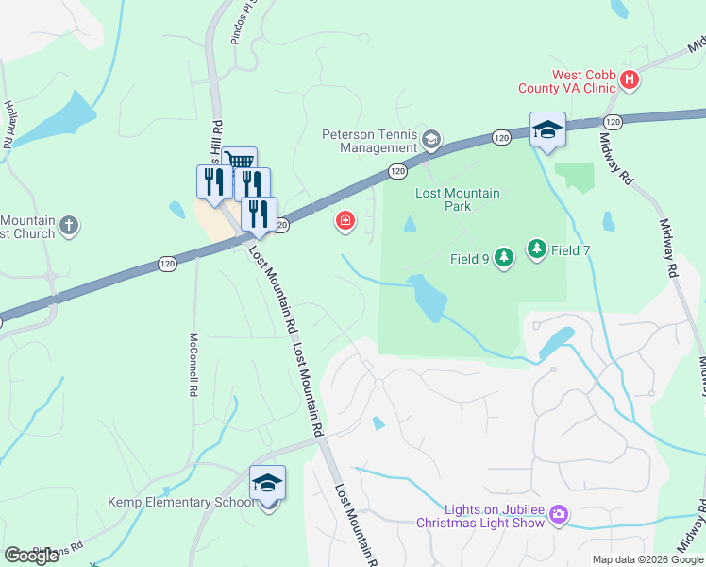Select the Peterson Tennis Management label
click(x=369, y=141)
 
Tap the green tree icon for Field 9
click(x=504, y=257)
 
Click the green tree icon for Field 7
click(x=537, y=249)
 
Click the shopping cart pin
click(x=240, y=163)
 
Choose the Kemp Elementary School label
click(x=179, y=502)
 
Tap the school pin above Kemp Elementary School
click(x=267, y=483)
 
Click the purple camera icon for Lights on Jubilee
click(x=559, y=514)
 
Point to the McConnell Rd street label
click(x=193, y=364)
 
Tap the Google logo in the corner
click(x=32, y=556)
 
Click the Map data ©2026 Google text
click(x=647, y=559)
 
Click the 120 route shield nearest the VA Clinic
click(x=613, y=122)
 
